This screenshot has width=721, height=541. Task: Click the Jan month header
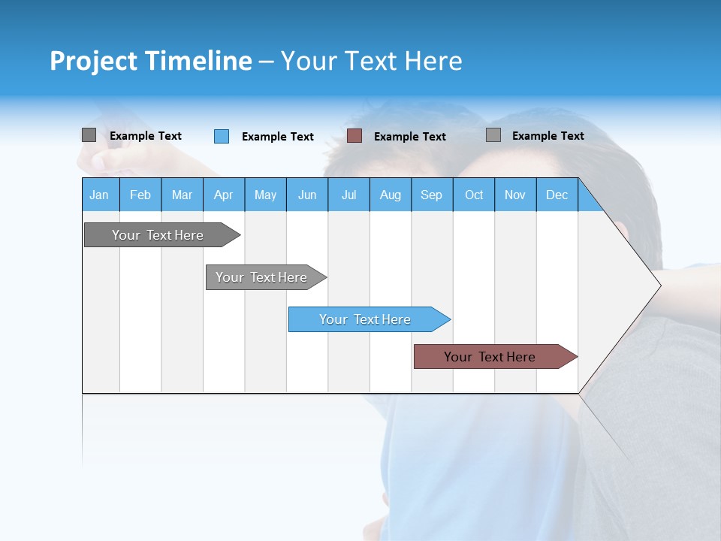click(x=99, y=195)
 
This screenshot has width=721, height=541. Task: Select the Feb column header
click(x=140, y=195)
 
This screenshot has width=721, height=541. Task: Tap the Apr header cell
click(x=223, y=195)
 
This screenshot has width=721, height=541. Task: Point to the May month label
click(x=265, y=195)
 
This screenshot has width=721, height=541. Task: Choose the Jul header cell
click(x=348, y=195)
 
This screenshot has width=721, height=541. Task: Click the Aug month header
click(x=390, y=195)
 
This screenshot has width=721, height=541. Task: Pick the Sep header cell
click(x=431, y=195)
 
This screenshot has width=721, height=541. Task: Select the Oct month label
click(x=474, y=195)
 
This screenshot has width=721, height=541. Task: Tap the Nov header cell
click(x=515, y=195)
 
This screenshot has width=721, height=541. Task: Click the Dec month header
click(x=557, y=195)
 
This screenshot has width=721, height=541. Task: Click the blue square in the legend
click(x=222, y=136)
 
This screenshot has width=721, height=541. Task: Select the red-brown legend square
click(x=354, y=136)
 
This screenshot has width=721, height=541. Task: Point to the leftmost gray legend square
click(x=89, y=135)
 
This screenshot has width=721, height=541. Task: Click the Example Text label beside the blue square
click(x=278, y=137)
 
